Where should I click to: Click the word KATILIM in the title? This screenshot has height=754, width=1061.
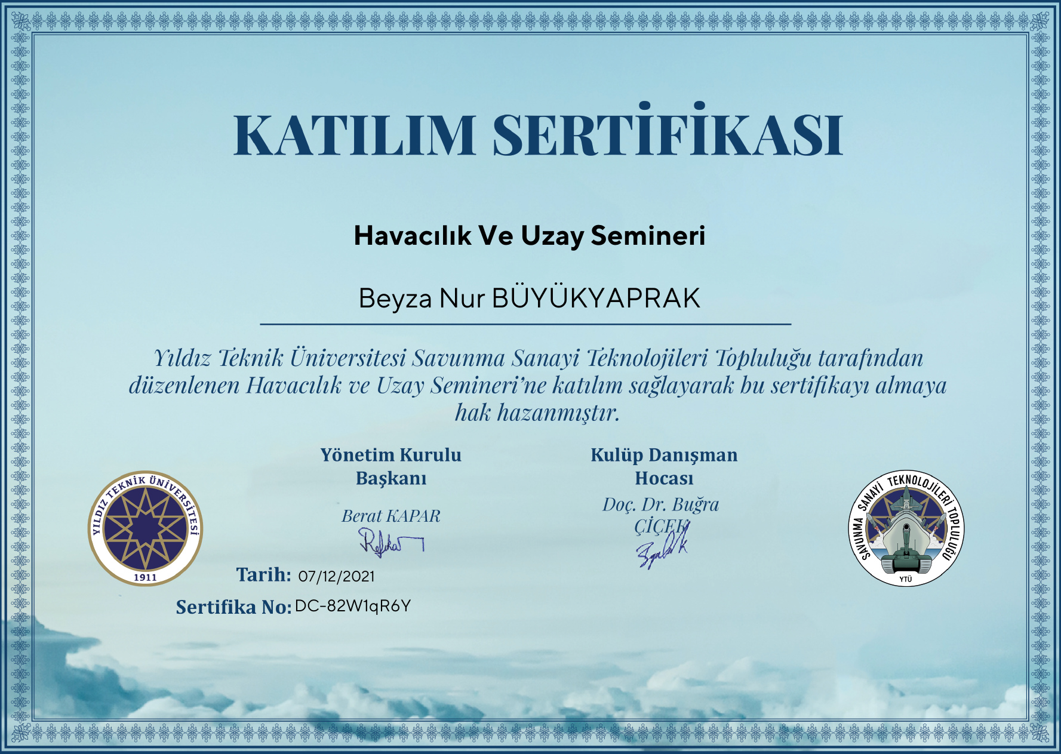click(355, 135)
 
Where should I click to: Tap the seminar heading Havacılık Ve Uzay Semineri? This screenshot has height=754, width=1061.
click(530, 236)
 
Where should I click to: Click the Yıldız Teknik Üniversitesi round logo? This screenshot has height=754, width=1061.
click(145, 528)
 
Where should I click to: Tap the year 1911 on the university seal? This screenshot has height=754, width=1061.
click(145, 577)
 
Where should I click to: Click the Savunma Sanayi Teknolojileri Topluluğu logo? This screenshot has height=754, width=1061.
click(906, 528)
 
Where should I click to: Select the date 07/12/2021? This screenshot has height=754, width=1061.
click(337, 576)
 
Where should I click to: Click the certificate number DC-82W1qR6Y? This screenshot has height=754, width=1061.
click(353, 606)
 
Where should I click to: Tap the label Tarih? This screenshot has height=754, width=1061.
click(263, 574)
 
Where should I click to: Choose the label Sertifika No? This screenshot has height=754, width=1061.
click(233, 607)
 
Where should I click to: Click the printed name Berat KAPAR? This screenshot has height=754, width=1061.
click(391, 516)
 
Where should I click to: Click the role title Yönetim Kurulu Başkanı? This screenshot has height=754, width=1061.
click(391, 466)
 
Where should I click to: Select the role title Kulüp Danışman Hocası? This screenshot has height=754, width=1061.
click(664, 466)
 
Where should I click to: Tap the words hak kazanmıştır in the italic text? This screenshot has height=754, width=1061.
click(537, 413)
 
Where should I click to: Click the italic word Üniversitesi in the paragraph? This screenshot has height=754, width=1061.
click(348, 358)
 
